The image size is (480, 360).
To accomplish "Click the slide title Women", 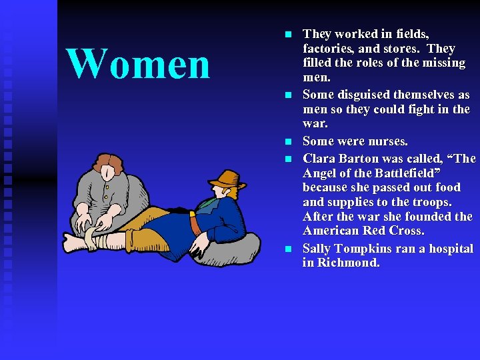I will click(x=138, y=64).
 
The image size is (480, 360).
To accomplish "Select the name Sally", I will click(x=317, y=249).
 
